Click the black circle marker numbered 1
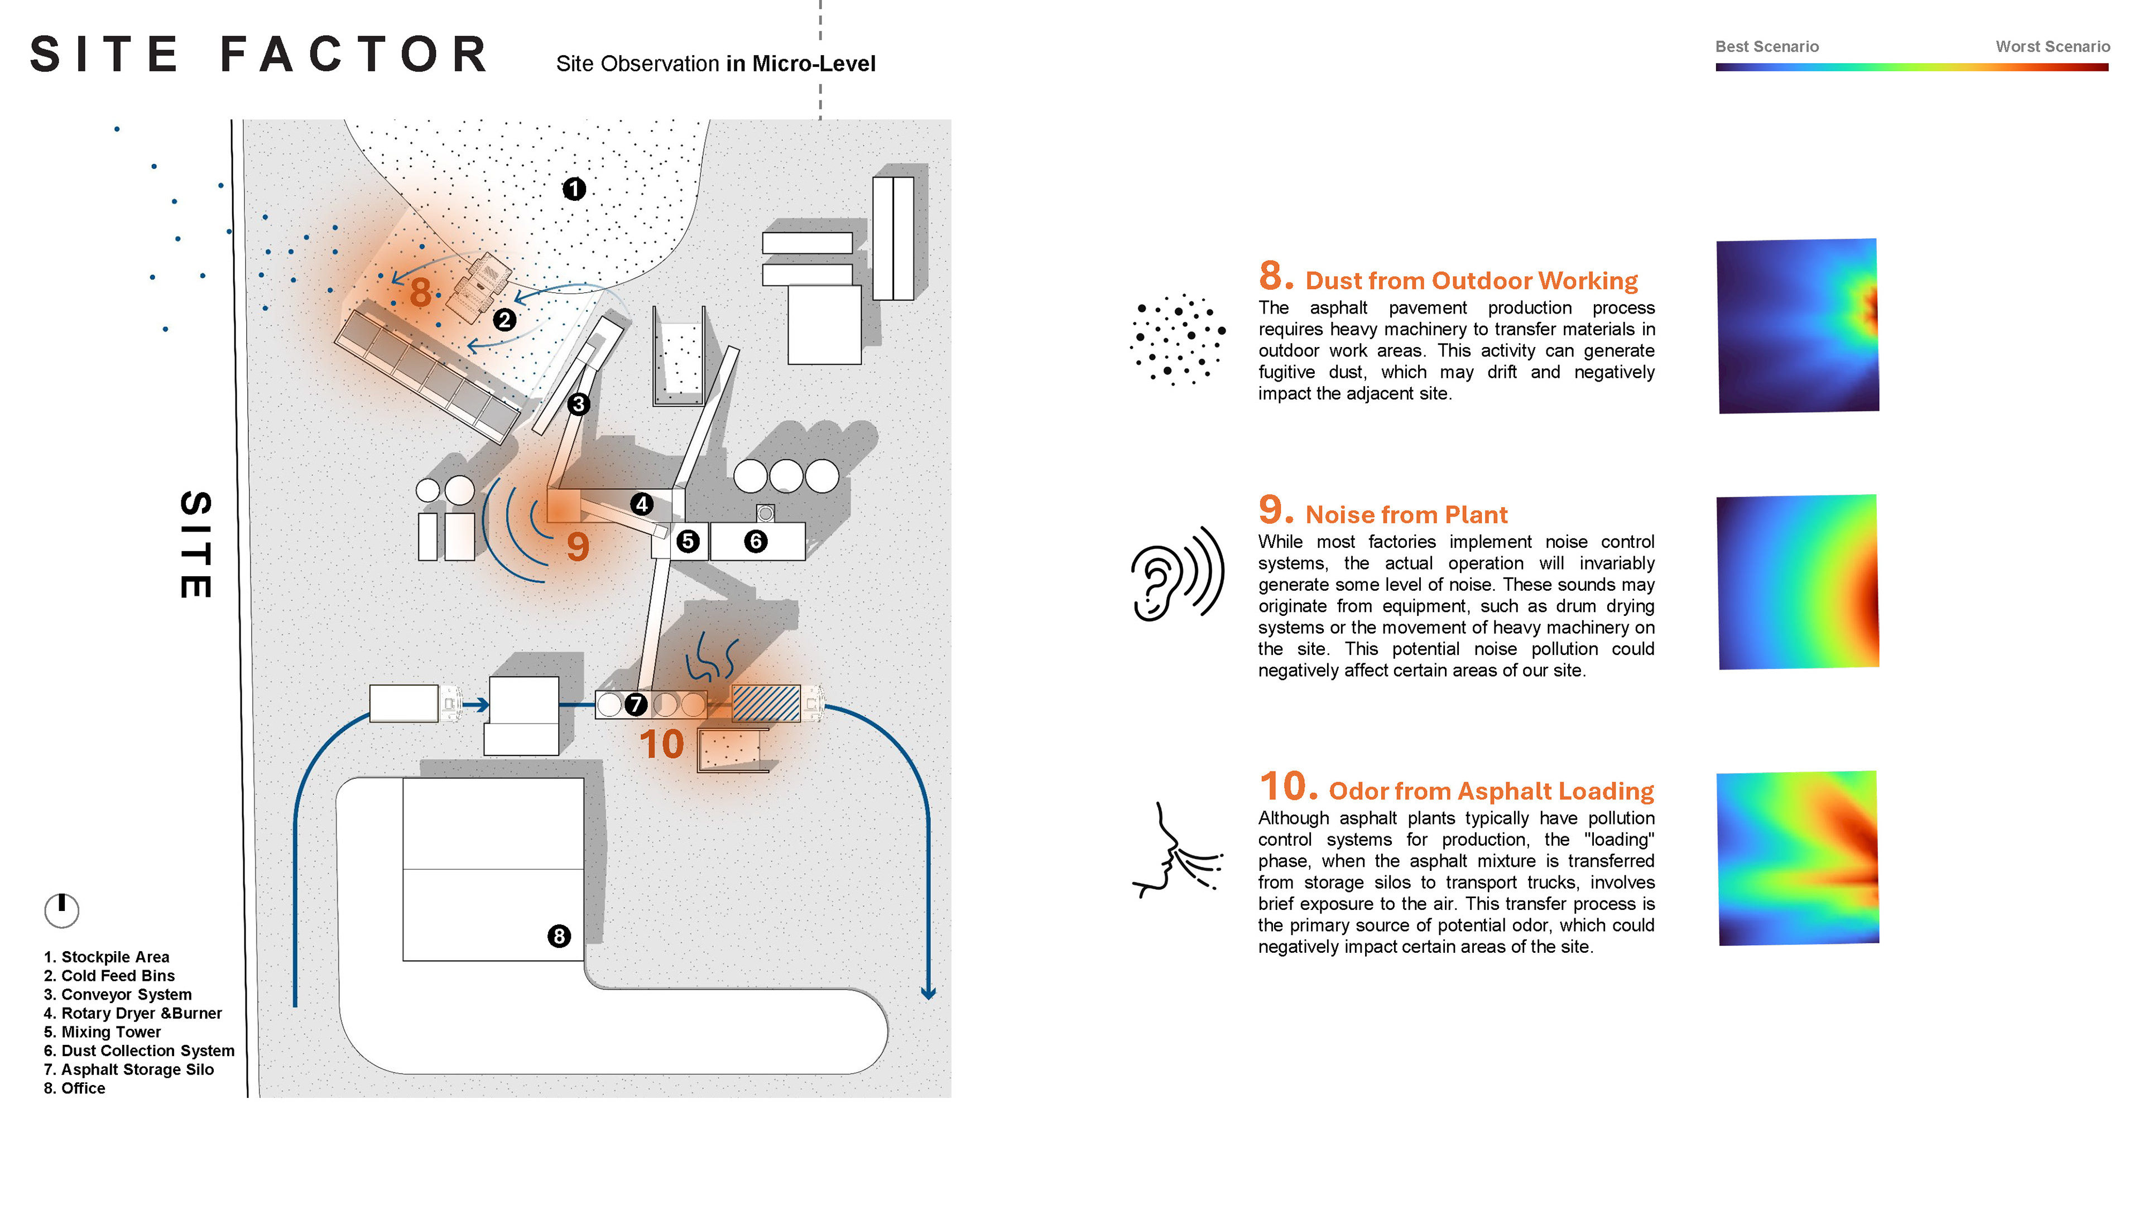574,189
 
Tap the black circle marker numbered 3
578,404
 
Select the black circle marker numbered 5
687,541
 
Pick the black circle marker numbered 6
756,541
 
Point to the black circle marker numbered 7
636,705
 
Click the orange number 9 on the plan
578,546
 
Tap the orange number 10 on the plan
661,744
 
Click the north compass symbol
61,910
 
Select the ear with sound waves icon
1177,574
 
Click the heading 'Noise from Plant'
1406,515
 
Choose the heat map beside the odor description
1798,858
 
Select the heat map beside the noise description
1798,582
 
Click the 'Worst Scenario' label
2053,46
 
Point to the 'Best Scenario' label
1767,46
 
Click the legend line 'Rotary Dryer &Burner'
133,1013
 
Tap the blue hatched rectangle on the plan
765,703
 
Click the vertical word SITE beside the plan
196,544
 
